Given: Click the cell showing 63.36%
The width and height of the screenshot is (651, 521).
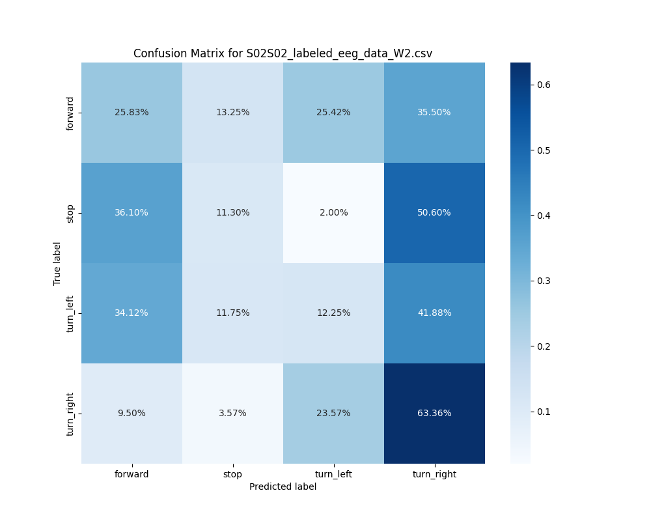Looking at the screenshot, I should click(434, 413).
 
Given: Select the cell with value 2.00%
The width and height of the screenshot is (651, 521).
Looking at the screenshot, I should click(333, 212).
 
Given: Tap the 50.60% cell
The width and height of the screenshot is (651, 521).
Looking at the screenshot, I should click(434, 212).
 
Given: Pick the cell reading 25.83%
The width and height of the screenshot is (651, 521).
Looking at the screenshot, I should click(132, 112).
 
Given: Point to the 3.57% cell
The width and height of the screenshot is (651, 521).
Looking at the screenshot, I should click(232, 413).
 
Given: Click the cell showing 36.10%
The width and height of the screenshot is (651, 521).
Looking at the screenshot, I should click(132, 212).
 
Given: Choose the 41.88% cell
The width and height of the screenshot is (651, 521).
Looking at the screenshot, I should click(434, 313).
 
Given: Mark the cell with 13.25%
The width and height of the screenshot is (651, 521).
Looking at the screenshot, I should click(232, 112).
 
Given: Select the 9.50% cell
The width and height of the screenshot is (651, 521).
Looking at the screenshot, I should click(132, 413).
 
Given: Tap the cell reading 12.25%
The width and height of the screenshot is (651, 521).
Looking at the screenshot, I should click(333, 313).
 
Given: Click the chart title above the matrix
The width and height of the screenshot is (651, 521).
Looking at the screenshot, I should click(283, 53).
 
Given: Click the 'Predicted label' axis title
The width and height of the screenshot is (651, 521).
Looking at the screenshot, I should click(283, 486).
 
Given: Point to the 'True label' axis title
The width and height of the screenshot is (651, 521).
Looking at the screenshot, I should click(57, 263).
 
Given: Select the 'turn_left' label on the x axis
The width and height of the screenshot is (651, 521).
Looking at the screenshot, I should click(333, 474).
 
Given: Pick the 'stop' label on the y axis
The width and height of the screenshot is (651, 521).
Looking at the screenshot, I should click(70, 213).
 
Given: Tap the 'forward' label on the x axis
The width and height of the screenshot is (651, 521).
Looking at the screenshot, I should click(132, 474).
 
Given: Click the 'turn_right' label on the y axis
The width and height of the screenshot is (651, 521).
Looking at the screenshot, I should click(70, 413).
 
